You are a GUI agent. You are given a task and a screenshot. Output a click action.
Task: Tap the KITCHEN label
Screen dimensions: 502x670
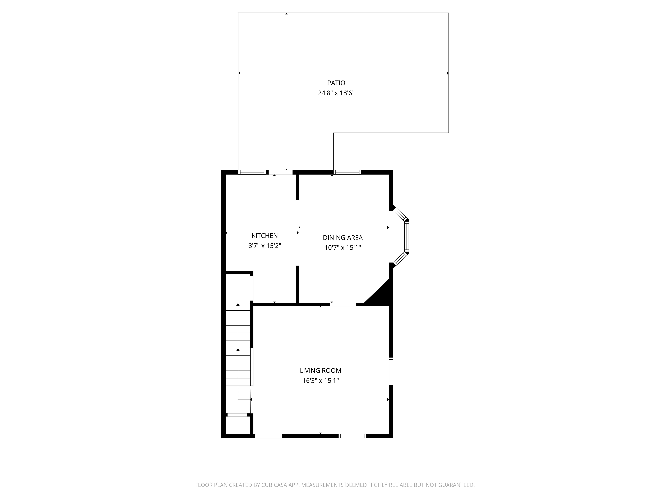tap(264, 236)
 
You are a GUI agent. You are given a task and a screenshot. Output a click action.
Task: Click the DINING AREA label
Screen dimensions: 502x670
tap(343, 238)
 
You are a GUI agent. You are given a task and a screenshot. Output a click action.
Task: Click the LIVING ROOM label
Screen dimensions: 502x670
tap(320, 371)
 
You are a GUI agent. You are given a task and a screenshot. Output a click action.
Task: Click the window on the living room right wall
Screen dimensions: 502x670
tap(391, 371)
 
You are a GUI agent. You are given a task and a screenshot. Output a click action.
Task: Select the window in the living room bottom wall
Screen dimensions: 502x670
tap(352, 436)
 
